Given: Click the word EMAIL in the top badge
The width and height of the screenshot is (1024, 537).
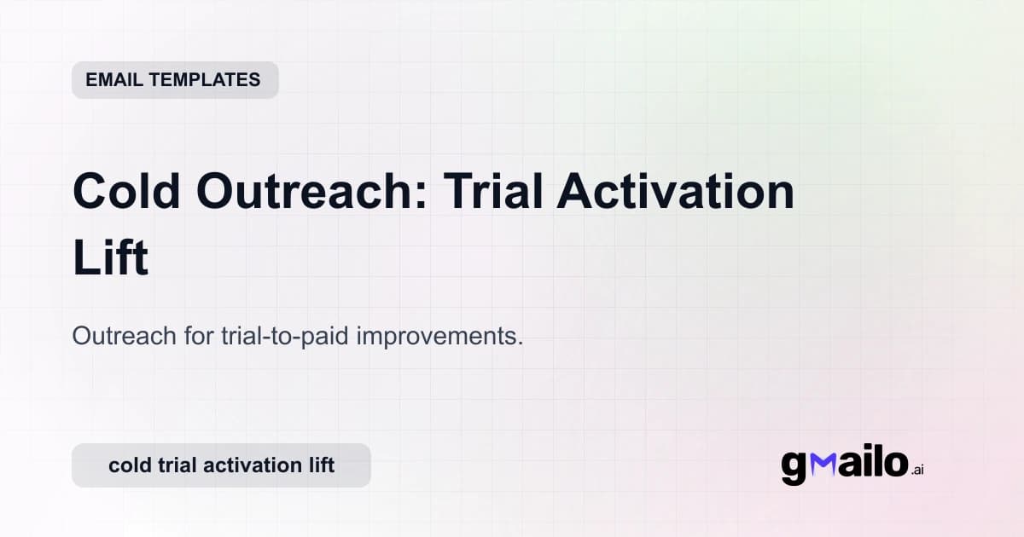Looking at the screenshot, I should point(114,80).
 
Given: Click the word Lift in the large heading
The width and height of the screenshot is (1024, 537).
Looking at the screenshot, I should point(110,259).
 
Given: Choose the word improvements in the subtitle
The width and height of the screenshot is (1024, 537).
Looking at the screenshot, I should point(439,336).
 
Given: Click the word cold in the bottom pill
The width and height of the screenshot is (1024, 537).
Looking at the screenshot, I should point(128,465).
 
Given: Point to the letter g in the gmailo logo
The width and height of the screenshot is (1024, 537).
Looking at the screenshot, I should point(794,467).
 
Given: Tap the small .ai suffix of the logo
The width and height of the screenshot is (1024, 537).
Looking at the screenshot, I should point(917,470).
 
